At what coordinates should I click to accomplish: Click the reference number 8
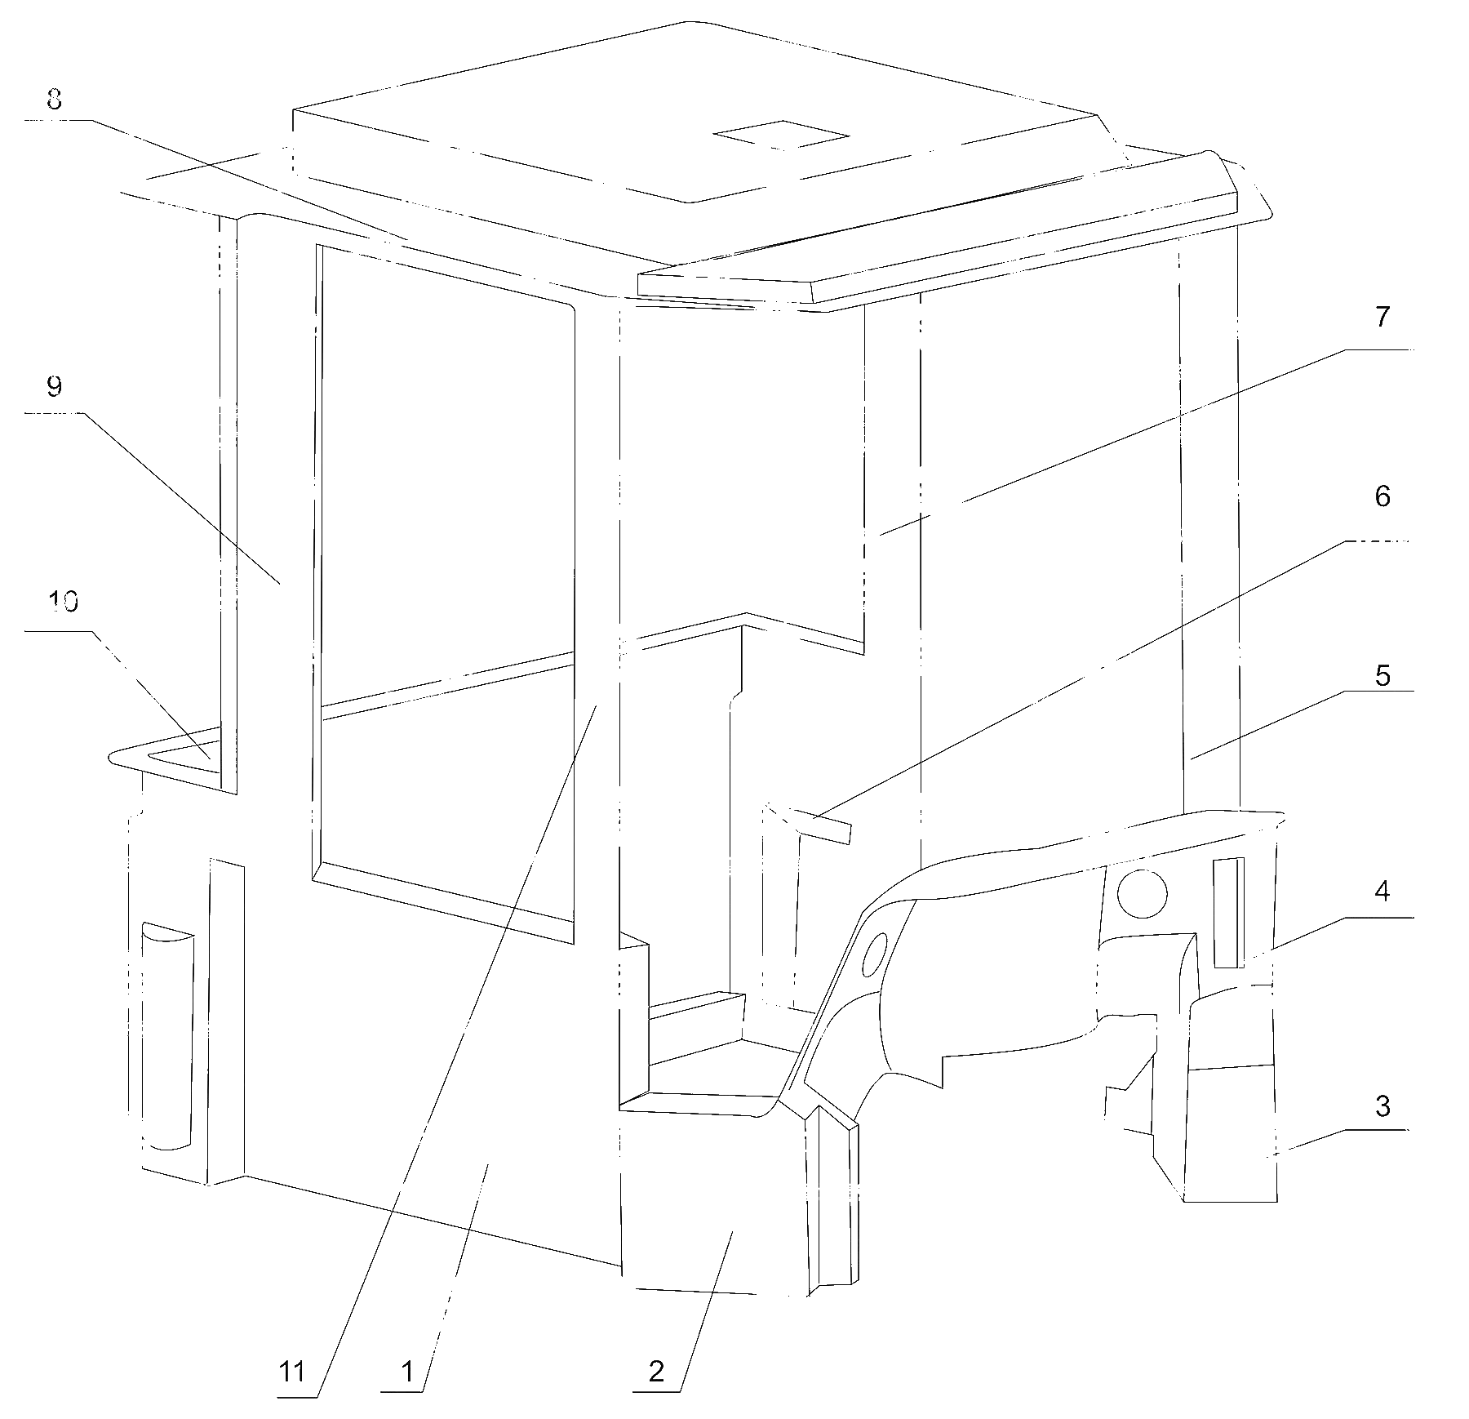point(55,100)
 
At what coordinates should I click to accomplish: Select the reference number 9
point(54,386)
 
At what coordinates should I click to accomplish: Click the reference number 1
point(406,1372)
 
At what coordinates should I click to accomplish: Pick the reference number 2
point(656,1372)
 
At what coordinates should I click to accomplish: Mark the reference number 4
point(1382,892)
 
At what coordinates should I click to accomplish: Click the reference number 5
point(1382,676)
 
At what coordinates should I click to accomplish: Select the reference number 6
point(1382,496)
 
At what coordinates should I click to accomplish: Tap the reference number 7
point(1382,317)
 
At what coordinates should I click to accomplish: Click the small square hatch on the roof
point(781,136)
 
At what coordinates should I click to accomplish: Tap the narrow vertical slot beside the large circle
point(1229,913)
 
